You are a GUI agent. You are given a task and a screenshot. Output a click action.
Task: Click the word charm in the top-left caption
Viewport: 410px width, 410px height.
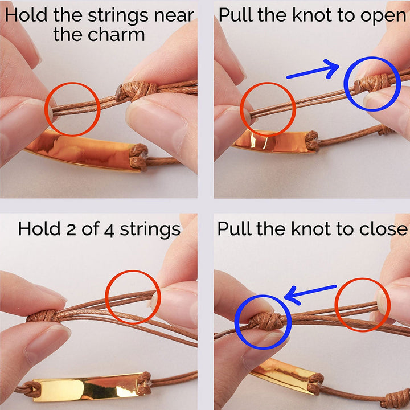click(x=116, y=35)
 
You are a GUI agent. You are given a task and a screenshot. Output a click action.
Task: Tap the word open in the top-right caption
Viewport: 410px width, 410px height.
click(x=383, y=16)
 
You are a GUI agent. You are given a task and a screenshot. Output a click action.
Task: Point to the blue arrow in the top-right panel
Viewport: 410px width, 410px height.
click(x=313, y=69)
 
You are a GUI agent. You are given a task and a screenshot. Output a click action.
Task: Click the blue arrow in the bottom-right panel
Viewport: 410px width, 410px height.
click(x=310, y=294)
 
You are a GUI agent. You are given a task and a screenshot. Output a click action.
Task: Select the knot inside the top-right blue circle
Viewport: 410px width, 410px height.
click(x=371, y=83)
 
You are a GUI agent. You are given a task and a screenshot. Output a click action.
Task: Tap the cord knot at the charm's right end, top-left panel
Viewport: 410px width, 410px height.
click(x=138, y=157)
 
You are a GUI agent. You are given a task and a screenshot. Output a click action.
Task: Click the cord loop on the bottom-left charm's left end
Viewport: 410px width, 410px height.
click(x=28, y=389)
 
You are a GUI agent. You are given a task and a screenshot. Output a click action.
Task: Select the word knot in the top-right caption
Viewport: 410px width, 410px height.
click(x=312, y=15)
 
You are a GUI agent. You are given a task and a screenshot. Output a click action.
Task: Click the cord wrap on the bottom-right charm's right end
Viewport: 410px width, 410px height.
click(x=315, y=384)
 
